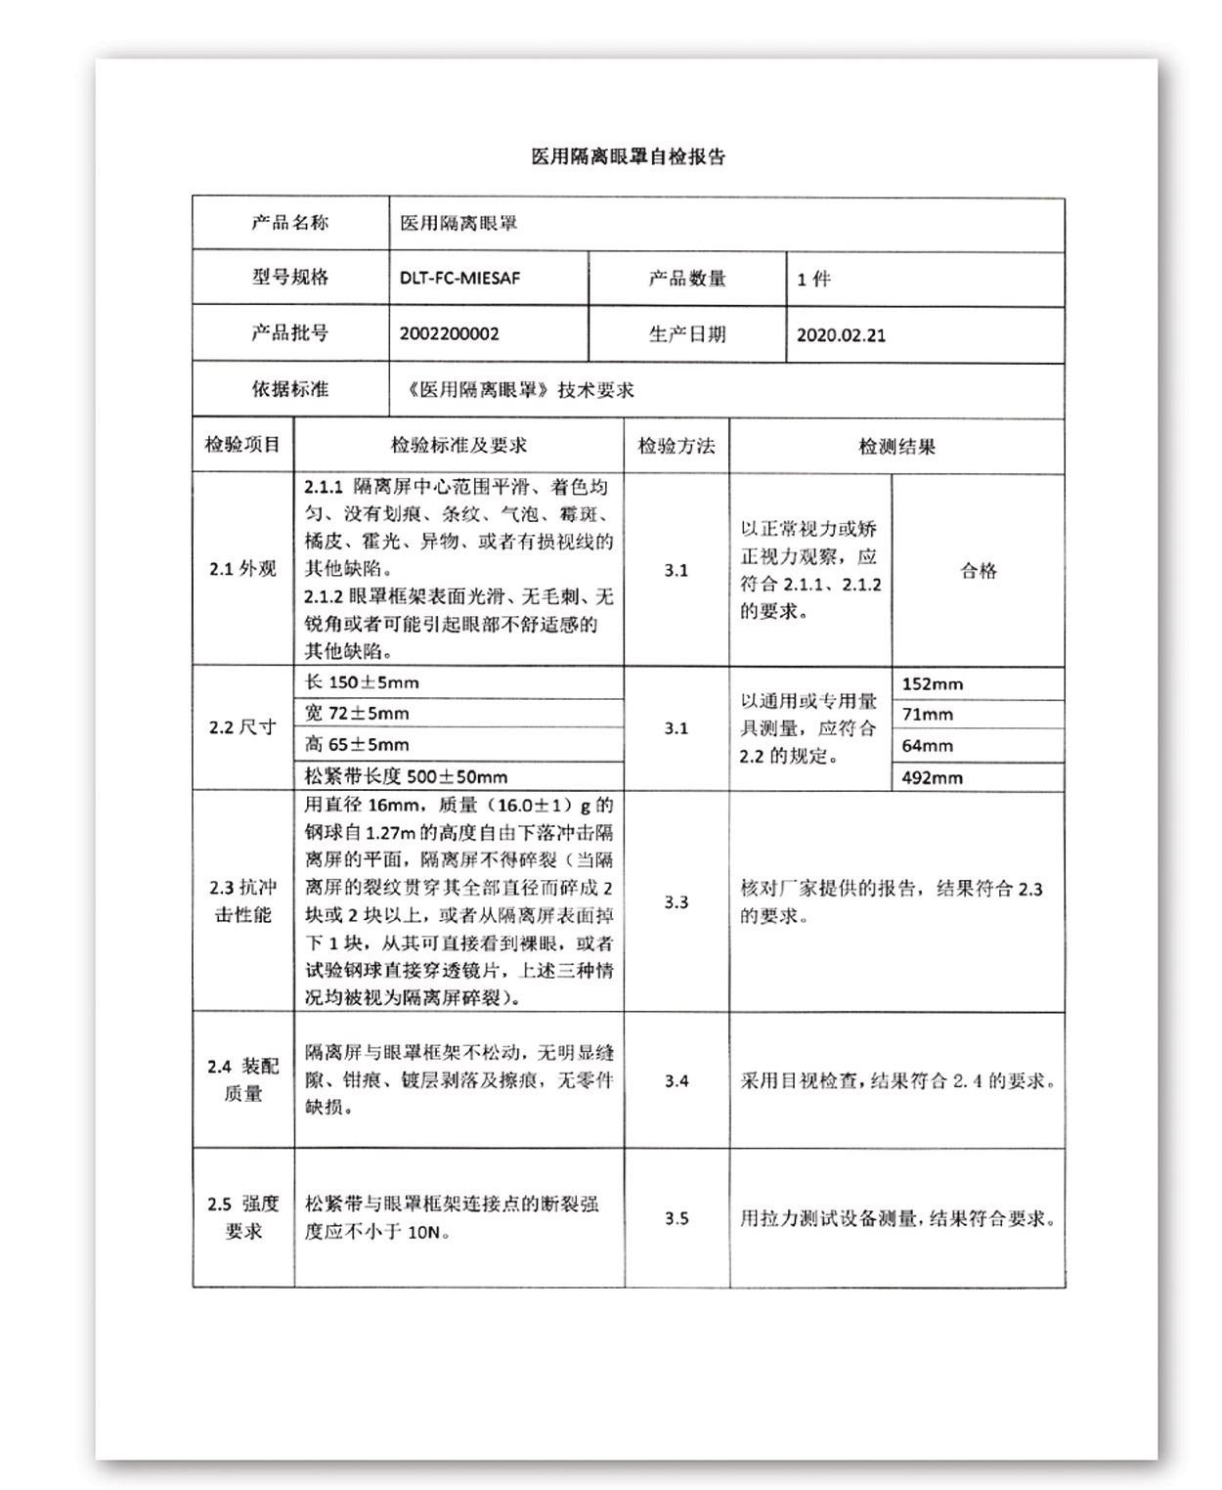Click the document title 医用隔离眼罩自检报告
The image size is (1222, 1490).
point(628,156)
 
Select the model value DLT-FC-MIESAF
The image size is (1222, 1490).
point(459,278)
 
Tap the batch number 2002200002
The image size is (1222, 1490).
point(449,333)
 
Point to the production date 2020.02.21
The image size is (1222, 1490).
point(841,334)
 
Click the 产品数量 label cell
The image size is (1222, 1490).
point(687,279)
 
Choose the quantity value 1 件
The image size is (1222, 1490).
point(813,280)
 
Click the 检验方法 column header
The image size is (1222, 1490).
point(676,446)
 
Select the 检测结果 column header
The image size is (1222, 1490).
point(896,447)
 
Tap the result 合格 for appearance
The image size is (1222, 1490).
point(978,571)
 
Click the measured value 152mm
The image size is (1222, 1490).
point(932,684)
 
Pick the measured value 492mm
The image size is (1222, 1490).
point(932,778)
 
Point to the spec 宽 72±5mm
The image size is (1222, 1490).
point(357,714)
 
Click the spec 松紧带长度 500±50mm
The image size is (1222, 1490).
point(406,777)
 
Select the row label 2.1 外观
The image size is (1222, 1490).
point(242,569)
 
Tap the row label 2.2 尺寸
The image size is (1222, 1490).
point(242,727)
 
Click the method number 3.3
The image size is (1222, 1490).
point(676,901)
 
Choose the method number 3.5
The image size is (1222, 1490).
point(676,1218)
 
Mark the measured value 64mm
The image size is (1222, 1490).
point(927,746)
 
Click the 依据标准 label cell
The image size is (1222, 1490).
point(290,389)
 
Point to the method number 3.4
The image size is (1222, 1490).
point(676,1080)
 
